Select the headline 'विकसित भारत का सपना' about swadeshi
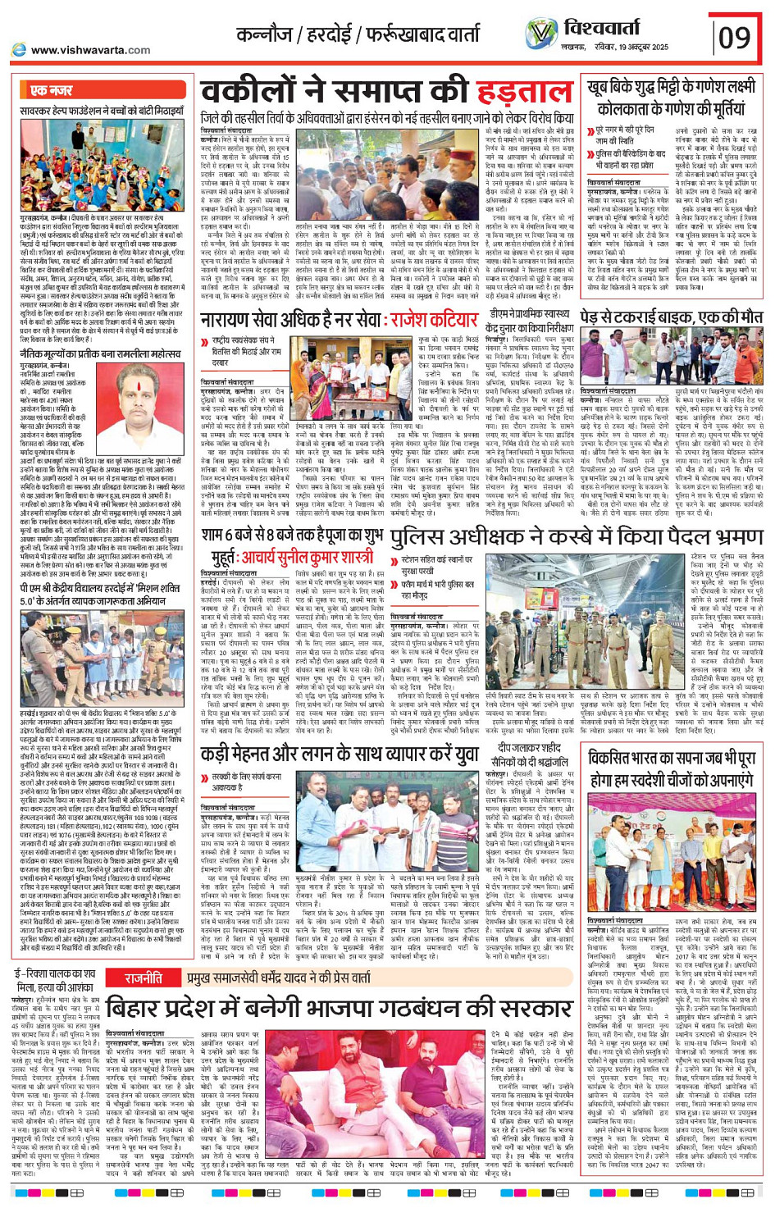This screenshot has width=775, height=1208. tap(672, 768)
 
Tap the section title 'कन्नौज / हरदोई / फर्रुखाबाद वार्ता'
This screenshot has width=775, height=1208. tap(358, 34)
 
